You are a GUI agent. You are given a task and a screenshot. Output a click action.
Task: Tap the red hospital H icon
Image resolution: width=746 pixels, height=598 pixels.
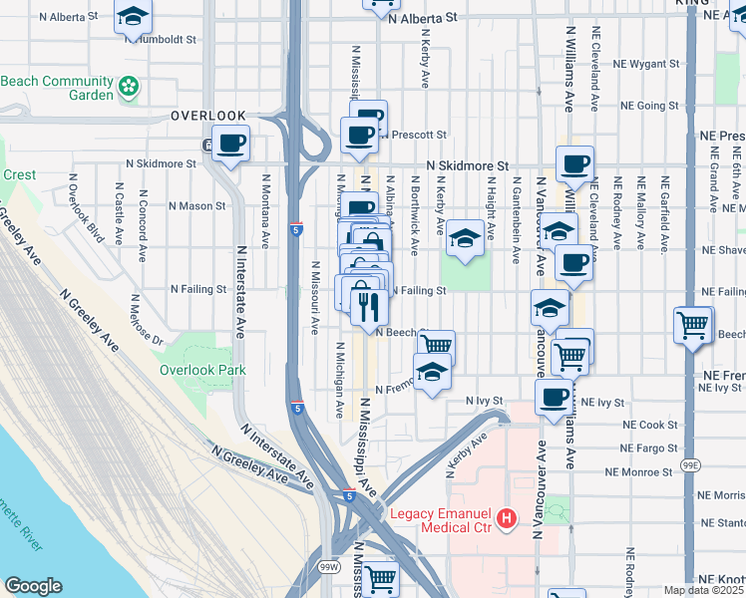tap(507, 517)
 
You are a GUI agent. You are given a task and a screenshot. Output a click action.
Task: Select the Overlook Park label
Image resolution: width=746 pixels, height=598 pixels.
tap(202, 370)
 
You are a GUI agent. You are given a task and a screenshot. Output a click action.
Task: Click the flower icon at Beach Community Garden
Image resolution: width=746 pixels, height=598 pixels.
tap(130, 88)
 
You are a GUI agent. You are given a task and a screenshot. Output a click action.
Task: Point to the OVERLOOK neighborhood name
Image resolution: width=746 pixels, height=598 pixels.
tap(207, 116)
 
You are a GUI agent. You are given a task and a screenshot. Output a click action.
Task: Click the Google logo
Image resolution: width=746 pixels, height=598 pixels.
tap(34, 586)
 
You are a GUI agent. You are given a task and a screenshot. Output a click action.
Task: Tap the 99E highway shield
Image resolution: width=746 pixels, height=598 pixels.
tap(691, 466)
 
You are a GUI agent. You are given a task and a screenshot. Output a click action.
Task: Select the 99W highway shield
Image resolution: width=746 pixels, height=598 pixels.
tap(329, 567)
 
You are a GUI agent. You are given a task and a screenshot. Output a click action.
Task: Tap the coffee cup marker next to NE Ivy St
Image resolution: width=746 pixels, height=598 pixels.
tap(555, 398)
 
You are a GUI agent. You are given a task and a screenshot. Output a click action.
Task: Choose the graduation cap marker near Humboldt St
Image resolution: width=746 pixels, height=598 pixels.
tap(132, 17)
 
